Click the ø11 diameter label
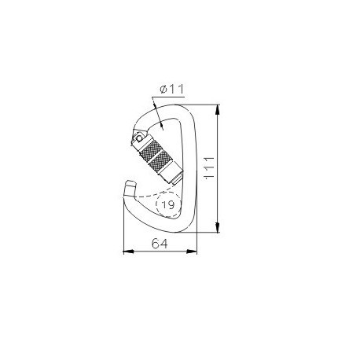171,90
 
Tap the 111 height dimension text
210,168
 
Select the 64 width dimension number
160,244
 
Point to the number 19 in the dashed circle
168,204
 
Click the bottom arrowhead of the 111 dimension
217,227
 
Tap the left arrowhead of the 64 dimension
128,252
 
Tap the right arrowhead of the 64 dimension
192,252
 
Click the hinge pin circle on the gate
139,138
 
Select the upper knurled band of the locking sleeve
150,149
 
